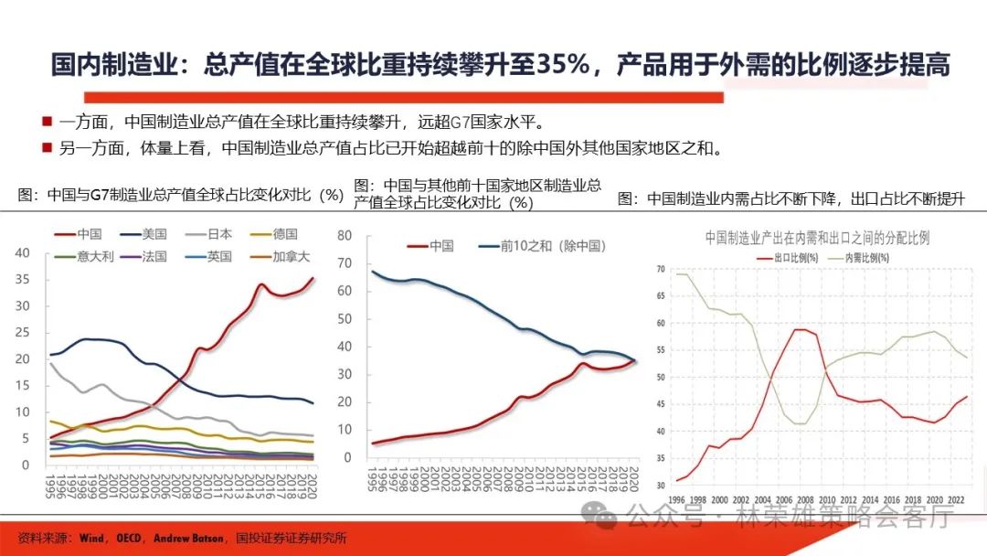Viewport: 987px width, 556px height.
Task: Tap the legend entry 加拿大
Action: click(291, 257)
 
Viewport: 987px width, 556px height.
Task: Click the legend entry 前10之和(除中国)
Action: click(552, 246)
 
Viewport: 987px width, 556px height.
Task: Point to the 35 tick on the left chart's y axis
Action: click(25, 280)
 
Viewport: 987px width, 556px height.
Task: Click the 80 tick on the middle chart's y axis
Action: click(345, 235)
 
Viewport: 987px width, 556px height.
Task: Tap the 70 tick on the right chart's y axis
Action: click(662, 269)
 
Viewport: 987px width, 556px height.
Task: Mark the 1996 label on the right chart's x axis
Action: click(676, 500)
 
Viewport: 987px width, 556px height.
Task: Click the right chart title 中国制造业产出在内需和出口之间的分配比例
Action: click(817, 238)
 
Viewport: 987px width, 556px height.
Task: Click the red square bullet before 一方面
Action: click(45, 122)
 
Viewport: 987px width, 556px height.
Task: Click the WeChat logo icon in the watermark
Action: click(607, 518)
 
